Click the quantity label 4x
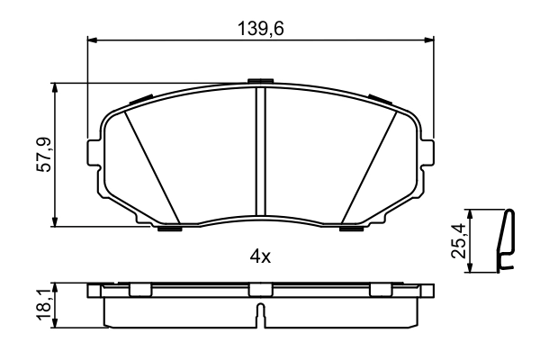click(x=260, y=256)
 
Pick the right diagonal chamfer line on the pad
click(x=369, y=166)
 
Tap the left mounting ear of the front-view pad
click(x=94, y=152)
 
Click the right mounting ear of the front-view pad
click(x=427, y=152)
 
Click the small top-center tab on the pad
click(x=259, y=83)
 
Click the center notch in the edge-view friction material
click(x=260, y=313)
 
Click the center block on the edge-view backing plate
click(x=260, y=290)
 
